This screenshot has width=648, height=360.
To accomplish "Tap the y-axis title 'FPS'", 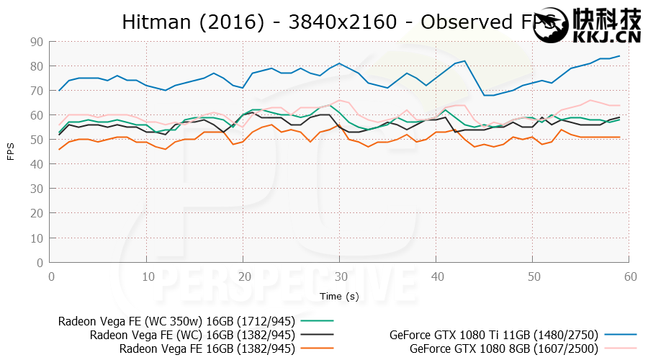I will coord(11,153).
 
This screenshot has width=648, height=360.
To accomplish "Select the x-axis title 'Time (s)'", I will coord(341,296).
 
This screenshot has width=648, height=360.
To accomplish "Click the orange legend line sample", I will coord(315,348).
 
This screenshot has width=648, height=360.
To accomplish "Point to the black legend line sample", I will coord(315,336).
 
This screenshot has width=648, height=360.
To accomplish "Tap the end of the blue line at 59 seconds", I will coord(619,56).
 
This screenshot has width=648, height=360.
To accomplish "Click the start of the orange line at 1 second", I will coord(59,149).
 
